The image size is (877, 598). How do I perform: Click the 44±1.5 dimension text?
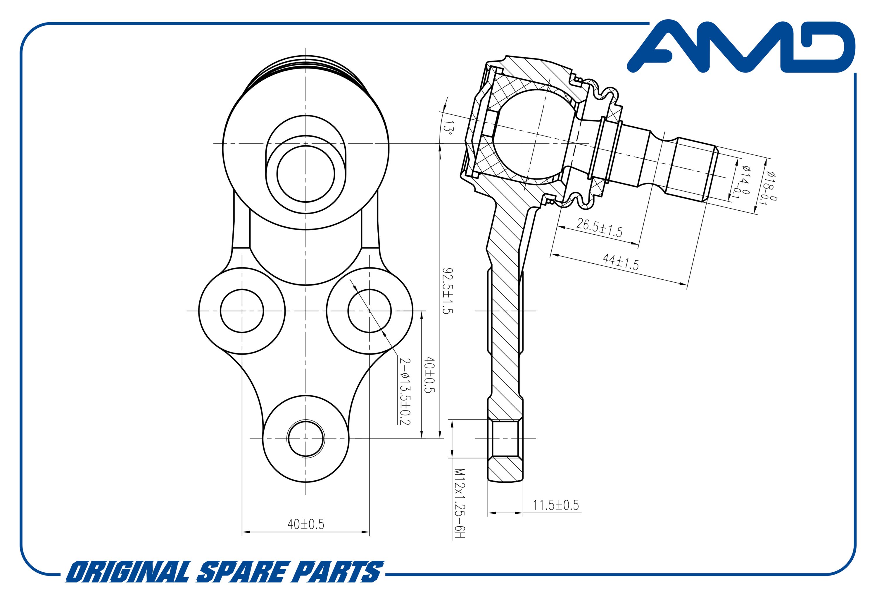coord(620,262)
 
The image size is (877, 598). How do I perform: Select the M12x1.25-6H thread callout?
coord(459,504)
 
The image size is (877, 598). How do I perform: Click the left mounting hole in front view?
coord(242,311)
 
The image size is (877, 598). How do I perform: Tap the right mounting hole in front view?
coord(370,311)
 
